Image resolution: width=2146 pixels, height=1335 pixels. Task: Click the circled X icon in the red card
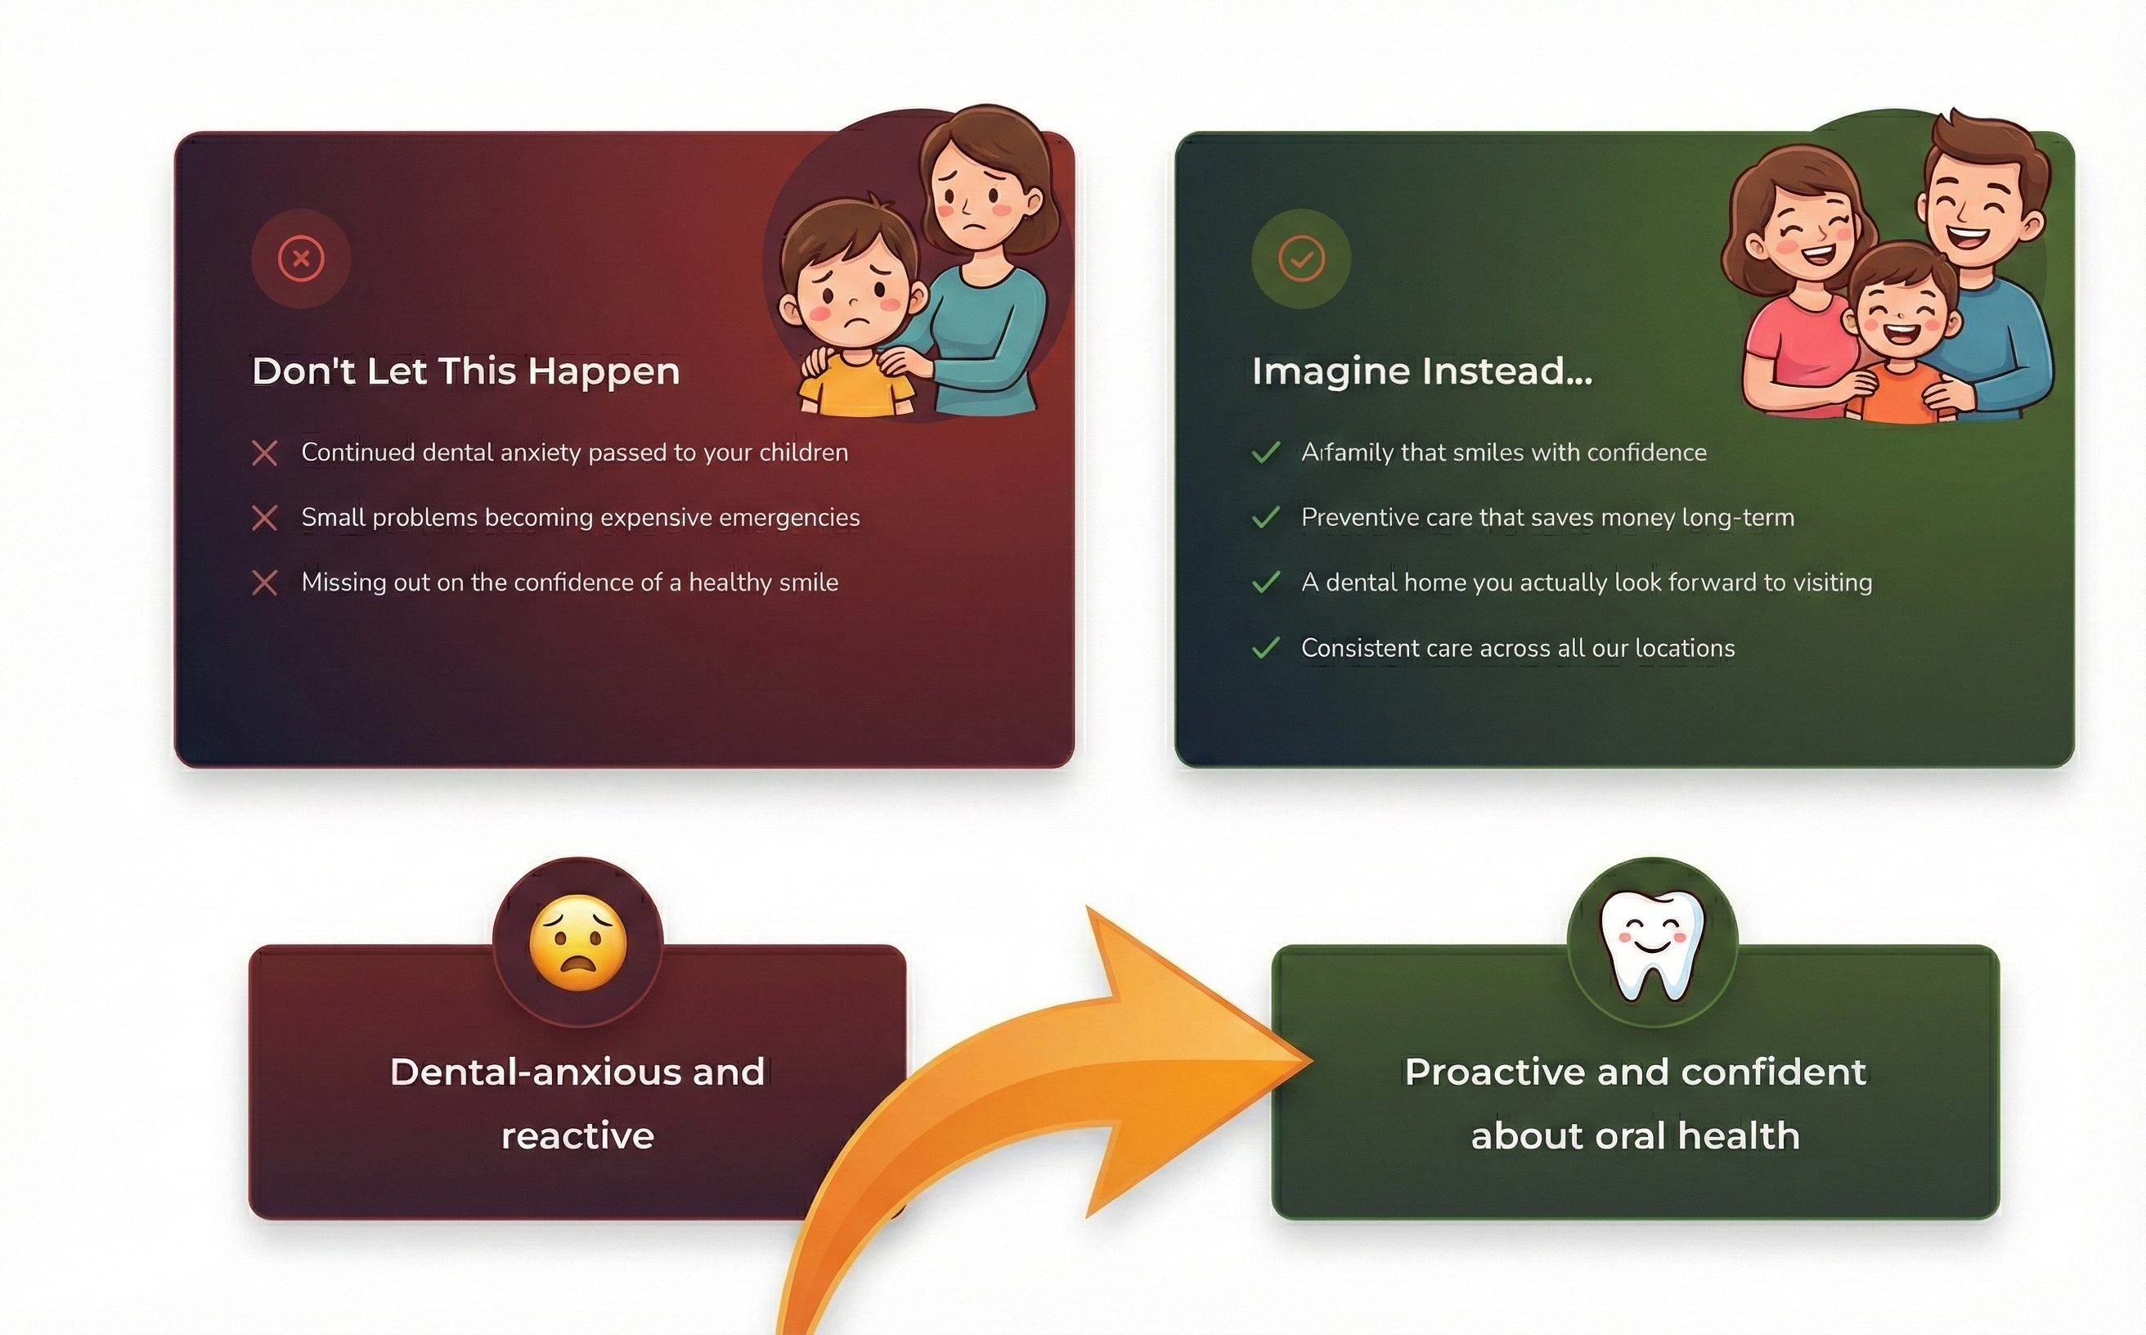[301, 258]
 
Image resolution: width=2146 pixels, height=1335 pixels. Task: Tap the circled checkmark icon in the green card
[1301, 258]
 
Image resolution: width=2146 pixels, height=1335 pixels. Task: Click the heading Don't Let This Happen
[466, 371]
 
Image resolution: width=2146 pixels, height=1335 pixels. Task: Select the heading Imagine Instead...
[1422, 371]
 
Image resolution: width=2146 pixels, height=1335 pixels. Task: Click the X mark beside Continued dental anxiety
[265, 453]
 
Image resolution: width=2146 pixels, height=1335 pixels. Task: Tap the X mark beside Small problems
[265, 519]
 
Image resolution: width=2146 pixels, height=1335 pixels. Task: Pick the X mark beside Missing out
[265, 582]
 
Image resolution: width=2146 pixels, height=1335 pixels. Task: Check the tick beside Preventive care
[1266, 518]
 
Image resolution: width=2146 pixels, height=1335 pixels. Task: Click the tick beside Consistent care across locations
[1266, 648]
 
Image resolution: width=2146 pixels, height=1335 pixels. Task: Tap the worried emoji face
[578, 943]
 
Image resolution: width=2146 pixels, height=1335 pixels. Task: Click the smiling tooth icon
[1652, 946]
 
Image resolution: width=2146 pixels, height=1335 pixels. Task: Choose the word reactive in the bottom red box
[578, 1136]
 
